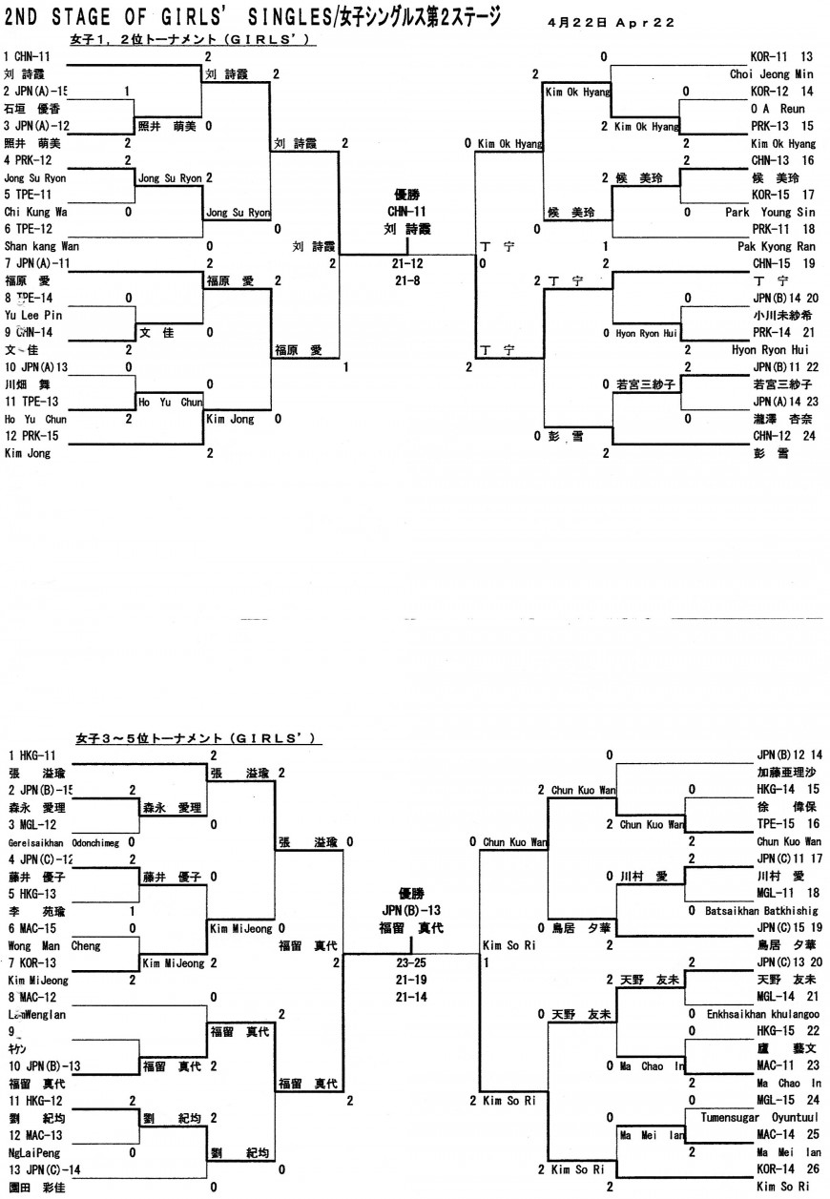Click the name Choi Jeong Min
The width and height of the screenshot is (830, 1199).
[772, 73]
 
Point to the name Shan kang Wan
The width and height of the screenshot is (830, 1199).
[41, 246]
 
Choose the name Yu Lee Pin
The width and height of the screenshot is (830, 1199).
[32, 315]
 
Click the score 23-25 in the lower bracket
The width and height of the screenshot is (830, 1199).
[412, 962]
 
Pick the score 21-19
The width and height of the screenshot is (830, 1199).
[412, 980]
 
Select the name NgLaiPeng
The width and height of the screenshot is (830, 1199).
[31, 1152]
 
